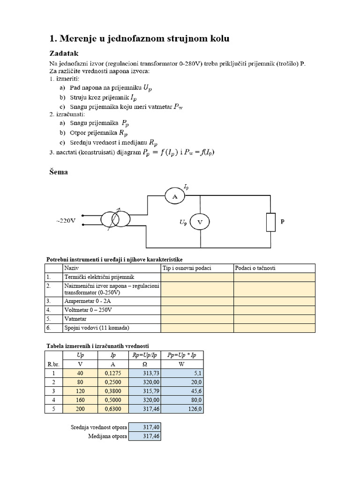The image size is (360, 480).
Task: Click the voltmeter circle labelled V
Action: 200,223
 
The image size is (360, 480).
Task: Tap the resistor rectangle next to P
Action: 271,222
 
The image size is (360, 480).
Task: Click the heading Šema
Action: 59,172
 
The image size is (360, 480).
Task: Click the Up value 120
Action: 80,391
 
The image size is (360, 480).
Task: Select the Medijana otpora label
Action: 108,436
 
